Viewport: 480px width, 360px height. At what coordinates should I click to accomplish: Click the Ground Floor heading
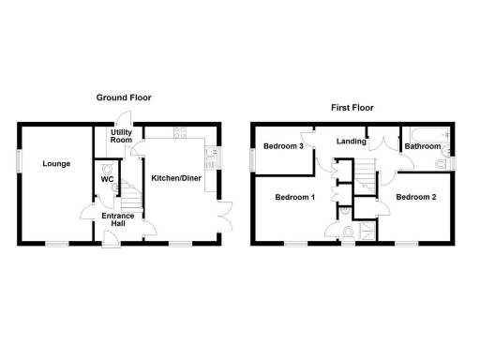[123, 97]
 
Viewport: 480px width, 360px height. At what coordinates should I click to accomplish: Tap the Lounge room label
[55, 164]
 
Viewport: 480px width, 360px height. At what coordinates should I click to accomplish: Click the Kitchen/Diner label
[176, 178]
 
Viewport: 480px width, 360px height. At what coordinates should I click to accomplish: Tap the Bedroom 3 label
[282, 147]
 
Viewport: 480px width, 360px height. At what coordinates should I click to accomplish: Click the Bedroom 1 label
[294, 198]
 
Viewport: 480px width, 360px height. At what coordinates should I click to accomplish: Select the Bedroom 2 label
[415, 197]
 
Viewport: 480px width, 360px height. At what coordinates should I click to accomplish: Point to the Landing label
[352, 142]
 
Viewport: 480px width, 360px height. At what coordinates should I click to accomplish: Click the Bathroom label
[423, 147]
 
